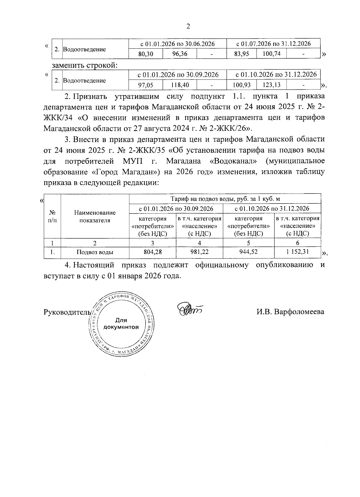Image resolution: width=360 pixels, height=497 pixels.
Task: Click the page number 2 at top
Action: point(188,27)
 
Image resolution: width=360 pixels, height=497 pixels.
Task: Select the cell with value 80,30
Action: point(145,54)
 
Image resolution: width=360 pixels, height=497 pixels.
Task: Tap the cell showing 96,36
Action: point(179,54)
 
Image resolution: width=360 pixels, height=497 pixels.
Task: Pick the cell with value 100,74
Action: point(271,54)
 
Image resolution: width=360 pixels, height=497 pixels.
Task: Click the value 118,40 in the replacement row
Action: point(180,85)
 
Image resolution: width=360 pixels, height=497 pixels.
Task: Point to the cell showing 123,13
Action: point(271,85)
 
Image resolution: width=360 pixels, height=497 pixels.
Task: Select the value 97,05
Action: point(145,85)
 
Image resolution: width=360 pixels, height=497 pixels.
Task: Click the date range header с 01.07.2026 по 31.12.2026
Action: point(273,44)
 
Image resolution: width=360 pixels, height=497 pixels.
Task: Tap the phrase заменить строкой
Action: point(84,65)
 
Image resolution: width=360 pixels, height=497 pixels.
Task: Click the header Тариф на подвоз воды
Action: point(225,199)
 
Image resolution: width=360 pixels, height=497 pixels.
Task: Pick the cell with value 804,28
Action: point(152,252)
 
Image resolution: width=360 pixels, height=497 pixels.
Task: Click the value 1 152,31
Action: point(297,252)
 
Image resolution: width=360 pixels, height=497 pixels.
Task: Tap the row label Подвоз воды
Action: point(95,252)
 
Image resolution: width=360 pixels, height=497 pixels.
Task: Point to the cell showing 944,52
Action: point(248,252)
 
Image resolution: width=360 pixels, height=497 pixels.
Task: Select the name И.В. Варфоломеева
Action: point(290,312)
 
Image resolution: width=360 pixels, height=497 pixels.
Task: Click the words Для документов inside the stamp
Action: point(121,324)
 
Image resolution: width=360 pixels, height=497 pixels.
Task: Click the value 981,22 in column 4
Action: point(199,252)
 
